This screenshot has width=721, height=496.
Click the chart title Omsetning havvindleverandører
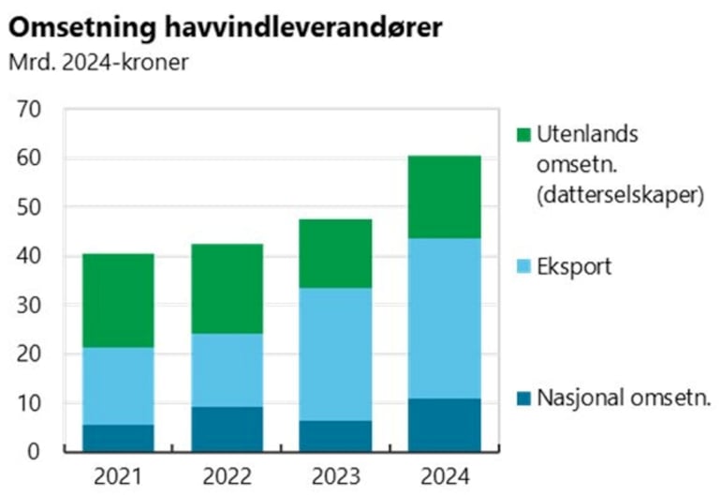click(225, 27)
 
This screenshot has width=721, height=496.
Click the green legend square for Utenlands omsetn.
click(523, 135)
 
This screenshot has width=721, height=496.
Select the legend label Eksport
click(574, 266)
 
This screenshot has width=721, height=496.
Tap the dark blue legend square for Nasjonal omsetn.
click(523, 398)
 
